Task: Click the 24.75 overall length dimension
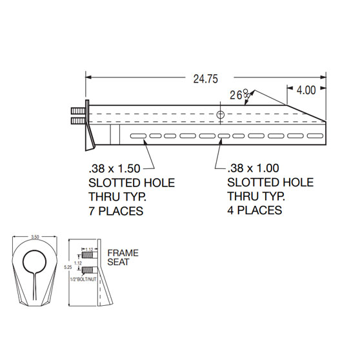[205, 79]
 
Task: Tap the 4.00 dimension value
[306, 90]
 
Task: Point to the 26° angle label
[240, 95]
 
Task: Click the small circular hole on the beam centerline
[221, 115]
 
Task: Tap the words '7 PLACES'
[115, 211]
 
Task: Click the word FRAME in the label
[123, 254]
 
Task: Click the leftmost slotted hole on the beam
[137, 135]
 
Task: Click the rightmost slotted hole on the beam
[315, 135]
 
